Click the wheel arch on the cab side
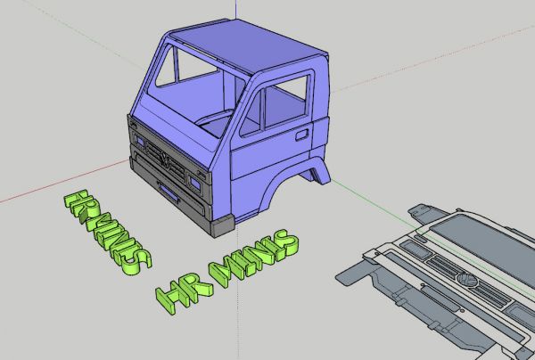314,170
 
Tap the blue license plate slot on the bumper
168,188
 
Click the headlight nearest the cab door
193,180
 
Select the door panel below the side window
267,156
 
